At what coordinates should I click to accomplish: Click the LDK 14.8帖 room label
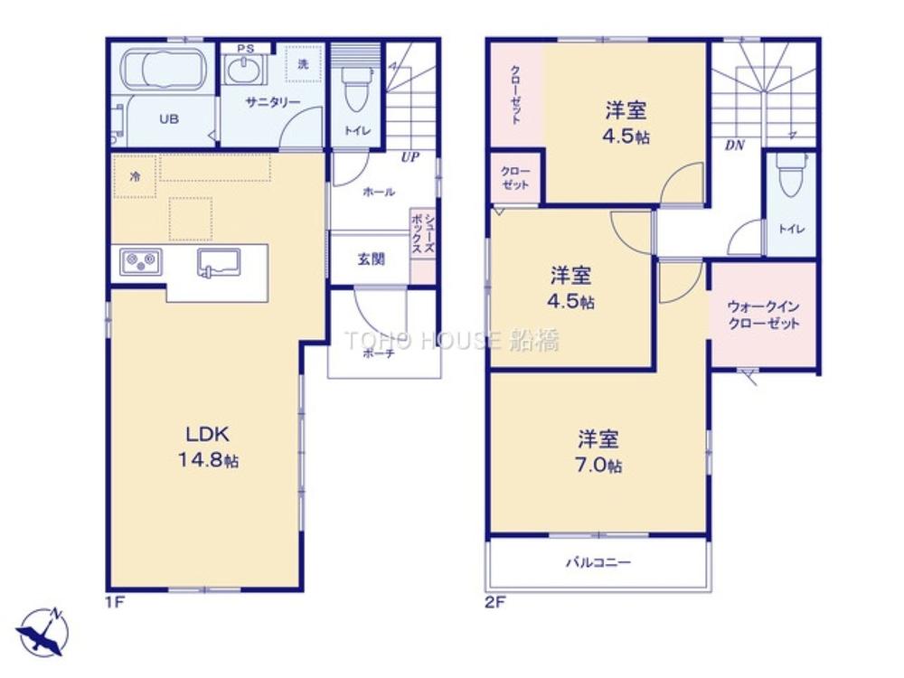(x=208, y=447)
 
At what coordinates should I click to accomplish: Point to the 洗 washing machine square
(x=303, y=64)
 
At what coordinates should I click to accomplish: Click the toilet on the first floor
(x=355, y=88)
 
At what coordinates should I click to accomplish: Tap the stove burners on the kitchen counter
(x=141, y=262)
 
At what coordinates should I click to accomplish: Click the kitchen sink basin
(x=219, y=262)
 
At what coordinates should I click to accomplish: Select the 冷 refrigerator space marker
(x=135, y=176)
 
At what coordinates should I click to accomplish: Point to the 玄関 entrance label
(x=371, y=259)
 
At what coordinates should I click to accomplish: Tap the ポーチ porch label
(x=378, y=353)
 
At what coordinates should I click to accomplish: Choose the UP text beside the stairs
(x=410, y=156)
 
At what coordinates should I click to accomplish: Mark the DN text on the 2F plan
(x=734, y=146)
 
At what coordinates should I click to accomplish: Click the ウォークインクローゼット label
(x=763, y=315)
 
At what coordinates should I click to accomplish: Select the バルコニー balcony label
(x=598, y=561)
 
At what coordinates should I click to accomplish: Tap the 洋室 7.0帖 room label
(x=598, y=451)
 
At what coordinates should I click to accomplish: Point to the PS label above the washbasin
(x=245, y=49)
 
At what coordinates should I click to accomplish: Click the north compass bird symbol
(x=42, y=632)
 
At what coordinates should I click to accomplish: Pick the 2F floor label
(x=494, y=603)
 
